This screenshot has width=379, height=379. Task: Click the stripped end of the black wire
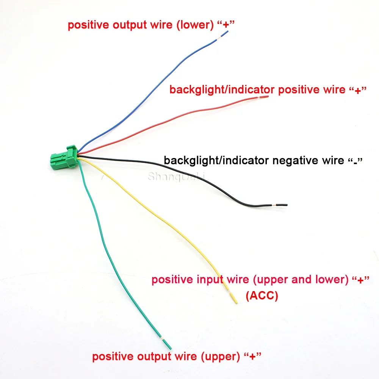[x=282, y=205]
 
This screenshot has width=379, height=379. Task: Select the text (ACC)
[x=262, y=296]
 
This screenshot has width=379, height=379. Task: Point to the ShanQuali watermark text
[x=176, y=176]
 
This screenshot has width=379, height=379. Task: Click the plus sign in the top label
[x=226, y=25]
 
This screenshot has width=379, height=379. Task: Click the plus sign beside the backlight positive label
[x=358, y=90]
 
